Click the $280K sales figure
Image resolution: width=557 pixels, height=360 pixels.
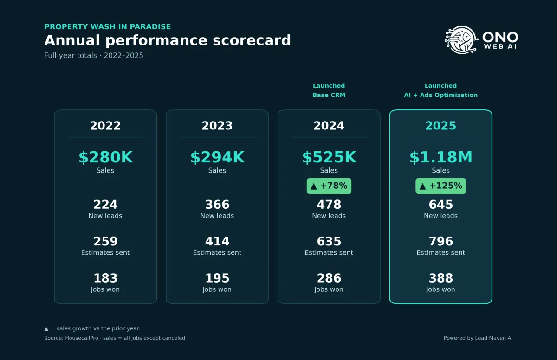pos(106,157)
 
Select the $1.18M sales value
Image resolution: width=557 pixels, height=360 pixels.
pos(441,157)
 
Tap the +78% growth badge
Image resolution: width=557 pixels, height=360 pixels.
pos(329,186)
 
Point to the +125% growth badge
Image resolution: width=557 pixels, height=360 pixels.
pos(441,186)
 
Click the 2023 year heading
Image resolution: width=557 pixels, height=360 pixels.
pos(217,126)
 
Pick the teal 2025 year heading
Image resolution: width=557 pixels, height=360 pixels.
pos(441,126)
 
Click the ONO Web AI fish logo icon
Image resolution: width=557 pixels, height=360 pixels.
pos(461,40)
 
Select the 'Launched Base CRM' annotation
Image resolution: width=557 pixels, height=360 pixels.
pos(329,90)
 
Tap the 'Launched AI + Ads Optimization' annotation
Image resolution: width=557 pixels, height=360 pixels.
pos(441,90)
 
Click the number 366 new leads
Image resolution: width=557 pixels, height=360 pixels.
pos(217,205)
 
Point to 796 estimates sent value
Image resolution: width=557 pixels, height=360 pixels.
pos(441,241)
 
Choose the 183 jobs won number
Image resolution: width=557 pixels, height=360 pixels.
pos(105,278)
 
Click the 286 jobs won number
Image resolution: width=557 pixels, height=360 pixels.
pos(329,278)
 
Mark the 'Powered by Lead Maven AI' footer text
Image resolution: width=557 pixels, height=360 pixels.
pos(478,338)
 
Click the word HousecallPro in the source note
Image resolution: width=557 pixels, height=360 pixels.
pos(82,338)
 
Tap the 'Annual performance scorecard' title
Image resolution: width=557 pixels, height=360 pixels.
pos(168,40)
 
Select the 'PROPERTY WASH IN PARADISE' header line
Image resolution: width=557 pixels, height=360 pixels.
pos(107,26)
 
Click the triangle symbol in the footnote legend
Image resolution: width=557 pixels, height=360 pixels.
pos(46,329)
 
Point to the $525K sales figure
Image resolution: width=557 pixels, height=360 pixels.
pos(329,157)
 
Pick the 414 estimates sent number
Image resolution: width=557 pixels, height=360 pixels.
pos(217,241)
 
